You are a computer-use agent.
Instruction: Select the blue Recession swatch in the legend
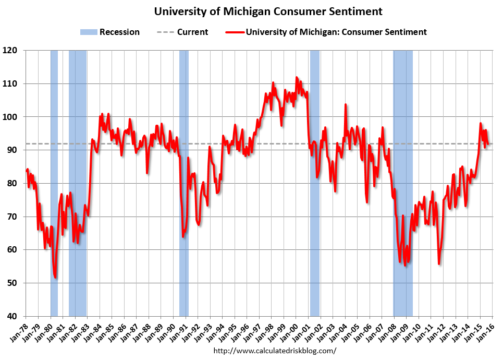pos(89,32)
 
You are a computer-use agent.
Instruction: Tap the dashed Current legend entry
pos(182,32)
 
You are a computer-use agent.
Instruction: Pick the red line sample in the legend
pos(235,32)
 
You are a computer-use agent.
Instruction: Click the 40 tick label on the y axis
pos(16,316)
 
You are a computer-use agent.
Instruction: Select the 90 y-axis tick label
pos(16,150)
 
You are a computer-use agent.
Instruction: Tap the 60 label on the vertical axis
pos(16,250)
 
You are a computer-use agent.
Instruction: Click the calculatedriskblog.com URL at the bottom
pos(275,351)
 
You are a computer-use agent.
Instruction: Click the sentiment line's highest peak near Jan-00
pos(297,77)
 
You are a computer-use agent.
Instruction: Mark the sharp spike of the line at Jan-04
pos(345,104)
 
